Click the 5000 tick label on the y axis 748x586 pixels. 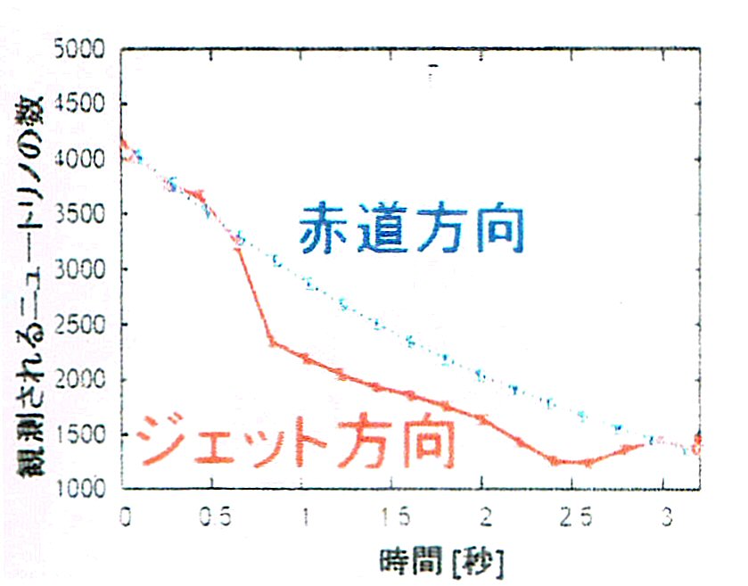[x=83, y=49]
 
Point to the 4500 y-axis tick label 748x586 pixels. [x=83, y=104]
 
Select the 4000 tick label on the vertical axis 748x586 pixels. [x=83, y=160]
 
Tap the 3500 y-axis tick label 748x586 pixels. [x=83, y=215]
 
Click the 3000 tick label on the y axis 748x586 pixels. [x=83, y=269]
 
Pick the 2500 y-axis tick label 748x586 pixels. [x=83, y=325]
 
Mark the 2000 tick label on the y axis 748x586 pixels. [x=83, y=380]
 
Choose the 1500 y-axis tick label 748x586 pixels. [x=83, y=434]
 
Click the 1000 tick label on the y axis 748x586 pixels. [x=83, y=489]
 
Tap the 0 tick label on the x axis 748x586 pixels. [x=125, y=518]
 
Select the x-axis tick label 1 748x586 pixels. [x=306, y=518]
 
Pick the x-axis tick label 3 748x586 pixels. [x=664, y=518]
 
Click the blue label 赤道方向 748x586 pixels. [x=411, y=229]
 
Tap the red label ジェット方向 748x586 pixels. [x=299, y=438]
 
